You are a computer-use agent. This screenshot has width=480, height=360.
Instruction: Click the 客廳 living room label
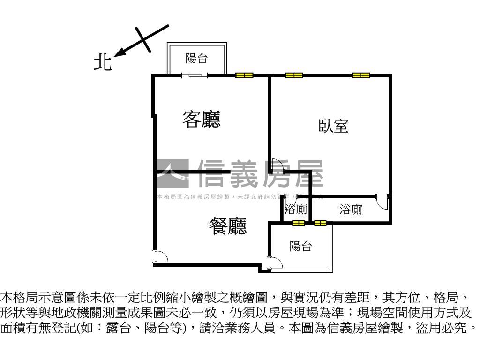point(202,120)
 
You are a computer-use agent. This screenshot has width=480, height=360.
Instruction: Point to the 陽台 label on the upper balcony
point(197,59)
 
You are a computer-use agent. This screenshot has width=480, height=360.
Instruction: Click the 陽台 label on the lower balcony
point(300,246)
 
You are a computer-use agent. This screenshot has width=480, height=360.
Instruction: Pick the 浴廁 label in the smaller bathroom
point(296,210)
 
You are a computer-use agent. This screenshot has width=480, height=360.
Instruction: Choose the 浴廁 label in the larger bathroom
point(351,210)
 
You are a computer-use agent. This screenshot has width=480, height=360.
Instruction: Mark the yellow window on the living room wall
point(244,75)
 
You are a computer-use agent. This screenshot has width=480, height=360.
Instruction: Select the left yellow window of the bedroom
point(294,75)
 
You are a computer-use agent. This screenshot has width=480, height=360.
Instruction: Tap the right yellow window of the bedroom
point(361,75)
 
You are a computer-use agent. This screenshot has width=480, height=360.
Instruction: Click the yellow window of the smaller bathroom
point(298,223)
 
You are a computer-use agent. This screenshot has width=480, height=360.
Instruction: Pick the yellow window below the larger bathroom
point(321,223)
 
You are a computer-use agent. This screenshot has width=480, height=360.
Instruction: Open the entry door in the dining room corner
point(160,257)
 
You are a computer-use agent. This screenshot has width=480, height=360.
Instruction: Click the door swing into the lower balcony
point(275,262)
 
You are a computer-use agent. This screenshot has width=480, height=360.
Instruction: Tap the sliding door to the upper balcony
point(195,75)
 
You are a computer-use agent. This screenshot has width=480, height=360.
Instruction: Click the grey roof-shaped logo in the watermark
point(172,172)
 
